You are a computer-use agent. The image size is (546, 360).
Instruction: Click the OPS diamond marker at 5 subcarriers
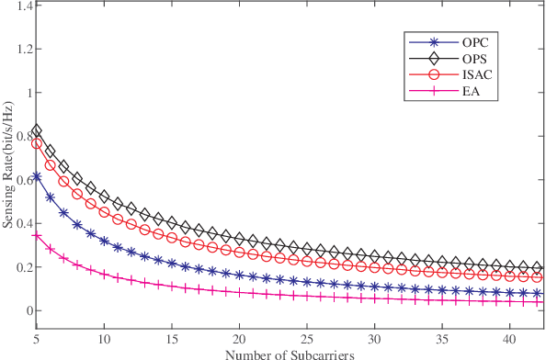(37, 131)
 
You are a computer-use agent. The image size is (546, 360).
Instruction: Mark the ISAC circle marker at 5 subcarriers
(37, 143)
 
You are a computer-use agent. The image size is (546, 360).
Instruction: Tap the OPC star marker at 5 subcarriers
(37, 176)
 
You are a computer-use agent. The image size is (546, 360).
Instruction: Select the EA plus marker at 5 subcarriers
(37, 236)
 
